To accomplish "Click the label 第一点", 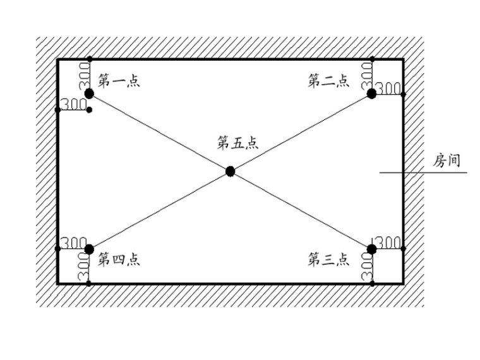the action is (x=118, y=81).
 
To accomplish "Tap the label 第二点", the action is (x=328, y=81).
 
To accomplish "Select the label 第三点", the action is (x=328, y=260).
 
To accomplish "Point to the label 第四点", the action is (x=118, y=260).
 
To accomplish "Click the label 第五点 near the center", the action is (x=237, y=143).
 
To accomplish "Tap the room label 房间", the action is (x=446, y=160).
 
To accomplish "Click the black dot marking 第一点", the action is (x=89, y=93).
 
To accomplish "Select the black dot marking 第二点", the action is (x=371, y=93).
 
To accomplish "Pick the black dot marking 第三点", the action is (x=371, y=249).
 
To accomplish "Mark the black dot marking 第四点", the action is (x=89, y=249).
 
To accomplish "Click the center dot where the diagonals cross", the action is (x=230, y=171).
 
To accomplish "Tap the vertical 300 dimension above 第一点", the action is (x=83, y=75).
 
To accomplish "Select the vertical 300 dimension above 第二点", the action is (x=366, y=75).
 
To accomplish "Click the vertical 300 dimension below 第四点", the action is (x=83, y=267).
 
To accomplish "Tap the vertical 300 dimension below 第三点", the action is (x=366, y=267).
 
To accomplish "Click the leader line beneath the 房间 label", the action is (x=423, y=172).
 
